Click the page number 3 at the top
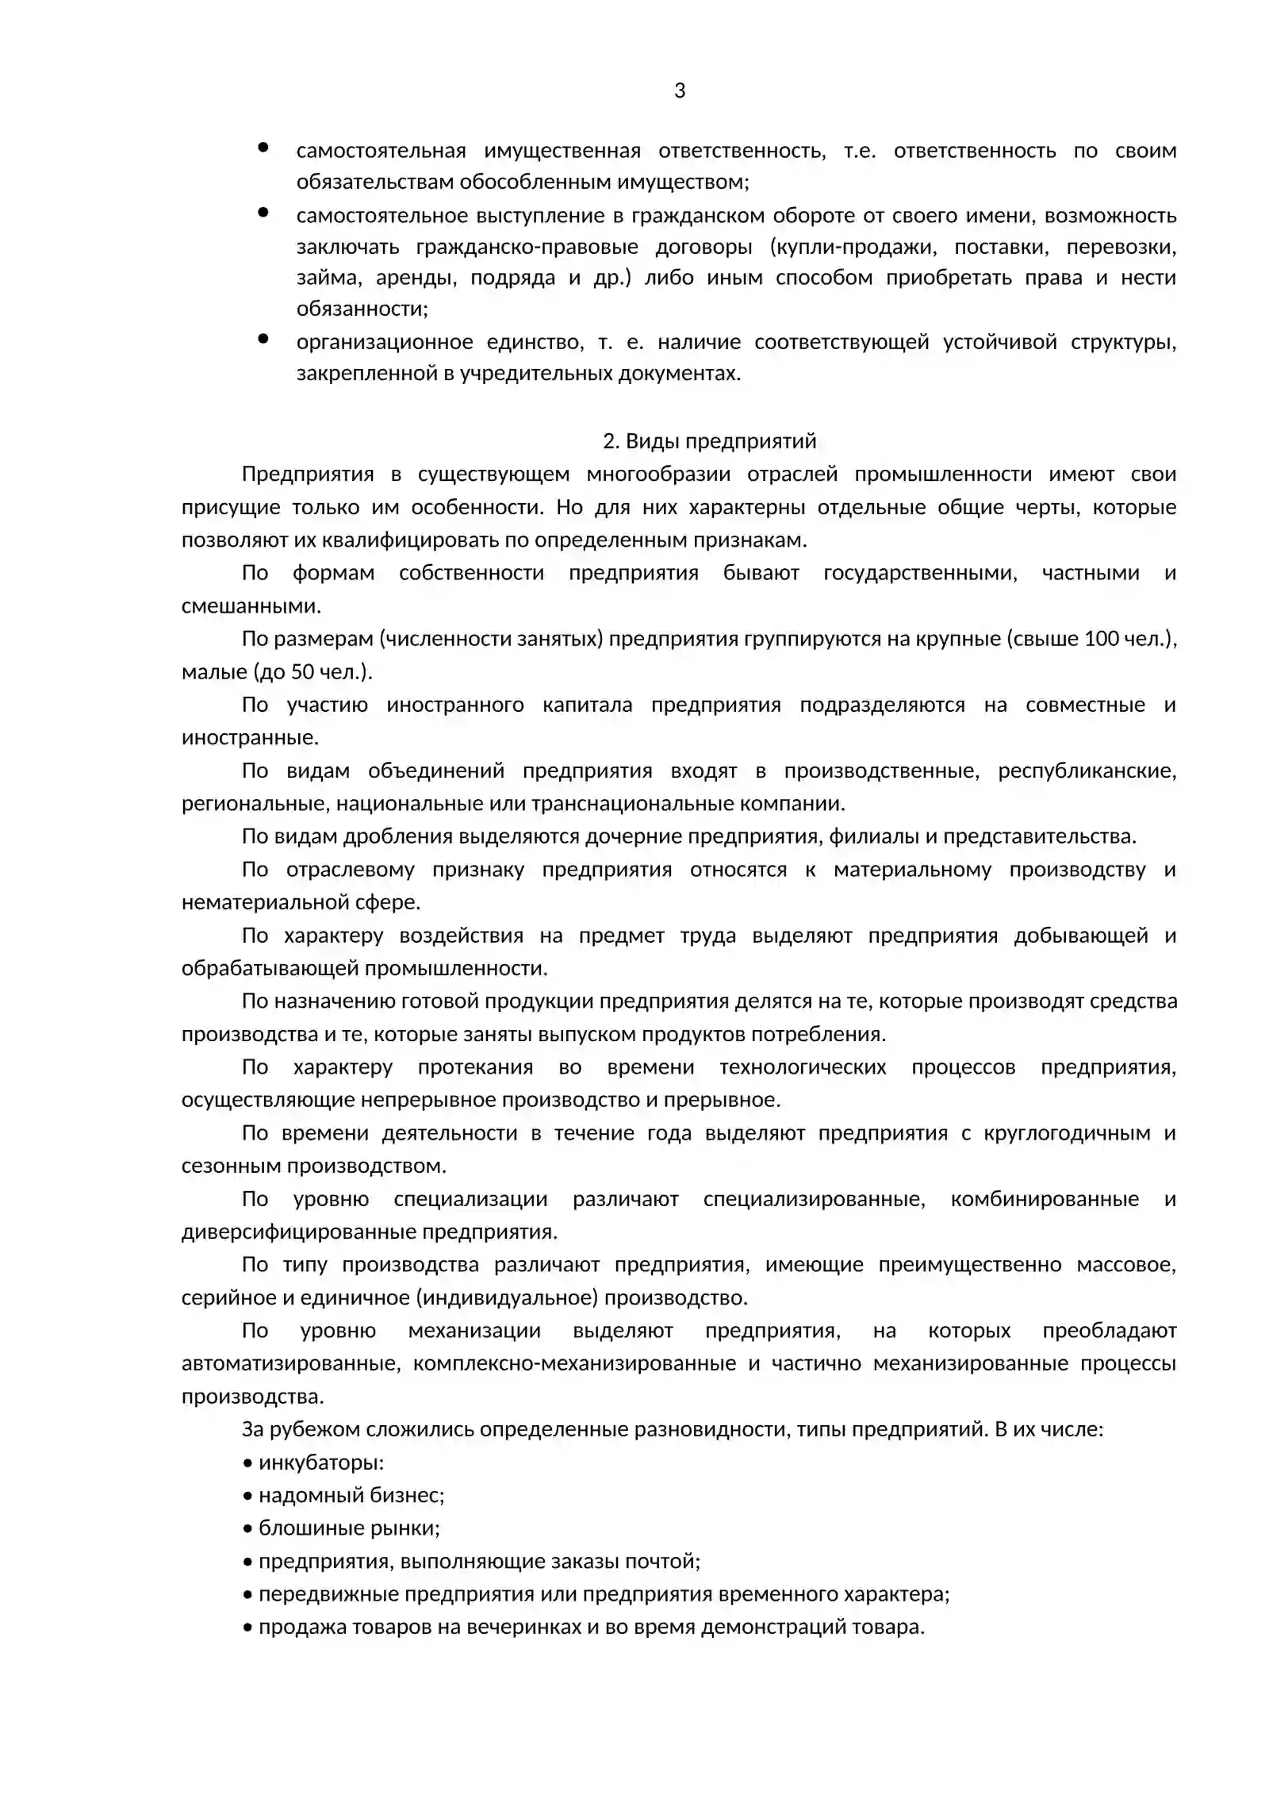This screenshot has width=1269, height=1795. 680,91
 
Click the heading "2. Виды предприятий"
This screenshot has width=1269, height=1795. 709,441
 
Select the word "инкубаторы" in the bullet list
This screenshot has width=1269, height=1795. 320,1463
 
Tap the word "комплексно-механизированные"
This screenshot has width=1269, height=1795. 574,1364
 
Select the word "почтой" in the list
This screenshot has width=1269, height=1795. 666,1562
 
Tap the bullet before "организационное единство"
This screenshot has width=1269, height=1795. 263,339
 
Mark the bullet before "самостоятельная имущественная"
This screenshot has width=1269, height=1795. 263,148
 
